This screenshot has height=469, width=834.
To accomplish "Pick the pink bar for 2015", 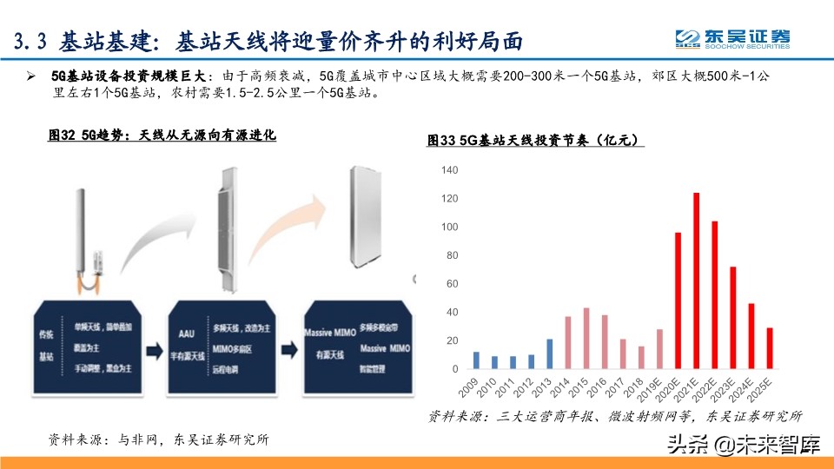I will click(x=586, y=339).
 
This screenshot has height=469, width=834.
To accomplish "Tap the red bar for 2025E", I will click(x=770, y=348).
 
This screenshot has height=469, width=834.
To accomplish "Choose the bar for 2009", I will click(x=476, y=360).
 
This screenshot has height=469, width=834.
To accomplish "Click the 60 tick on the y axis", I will click(x=451, y=284).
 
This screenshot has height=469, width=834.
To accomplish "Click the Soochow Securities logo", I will click(x=735, y=38).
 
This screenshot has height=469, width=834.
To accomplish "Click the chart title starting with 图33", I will click(x=535, y=140).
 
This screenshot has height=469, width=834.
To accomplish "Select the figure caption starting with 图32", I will click(x=161, y=135).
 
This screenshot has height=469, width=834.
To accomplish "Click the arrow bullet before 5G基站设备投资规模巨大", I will click(x=31, y=77).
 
